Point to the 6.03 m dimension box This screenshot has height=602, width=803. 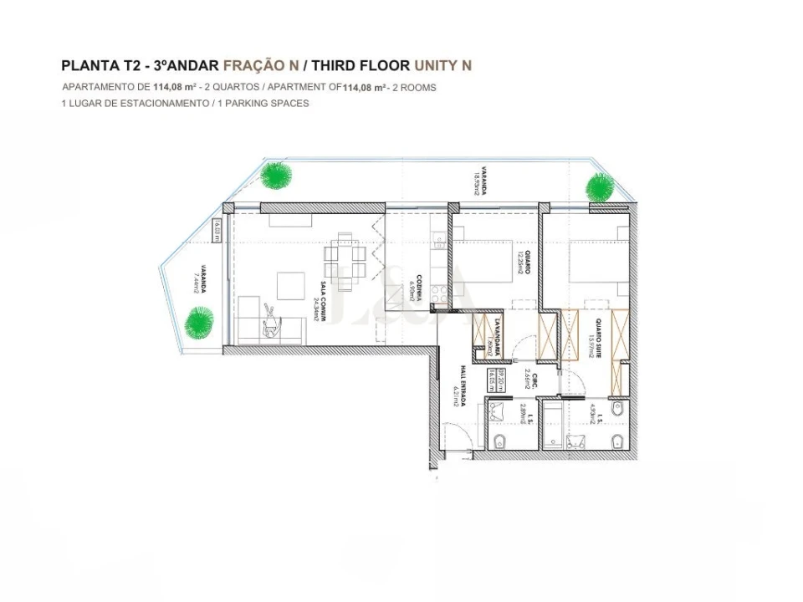[217, 229]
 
